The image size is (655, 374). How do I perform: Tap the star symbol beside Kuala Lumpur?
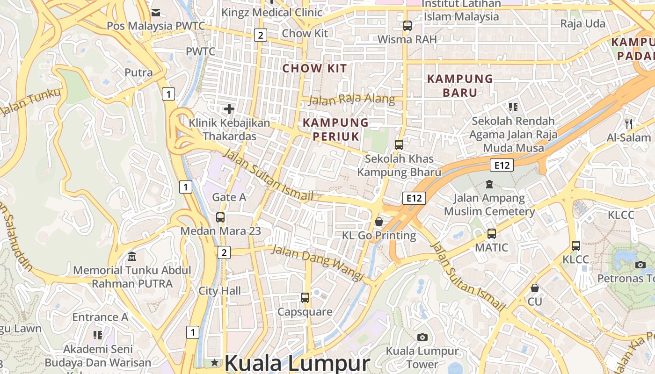(x=215, y=362)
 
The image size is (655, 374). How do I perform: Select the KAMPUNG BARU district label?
(x=460, y=86)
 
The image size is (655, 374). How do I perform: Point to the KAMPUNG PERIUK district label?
(x=335, y=129)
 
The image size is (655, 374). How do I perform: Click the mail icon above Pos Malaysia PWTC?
(x=156, y=12)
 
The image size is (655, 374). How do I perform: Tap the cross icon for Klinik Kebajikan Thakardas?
(x=229, y=109)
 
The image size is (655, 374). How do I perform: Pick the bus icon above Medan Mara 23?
(x=220, y=217)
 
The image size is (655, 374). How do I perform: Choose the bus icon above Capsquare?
(x=305, y=298)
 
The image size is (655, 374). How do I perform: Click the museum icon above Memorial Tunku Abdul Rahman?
(x=132, y=256)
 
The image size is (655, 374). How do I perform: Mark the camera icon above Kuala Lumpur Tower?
(x=422, y=337)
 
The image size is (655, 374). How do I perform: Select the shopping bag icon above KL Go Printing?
(x=379, y=221)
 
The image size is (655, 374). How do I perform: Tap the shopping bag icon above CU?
(x=535, y=288)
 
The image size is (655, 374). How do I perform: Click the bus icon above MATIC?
(x=491, y=234)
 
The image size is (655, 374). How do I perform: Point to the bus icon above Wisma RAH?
(x=408, y=26)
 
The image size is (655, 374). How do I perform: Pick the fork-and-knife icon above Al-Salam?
(x=629, y=124)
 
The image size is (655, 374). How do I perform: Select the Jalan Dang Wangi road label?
(x=318, y=263)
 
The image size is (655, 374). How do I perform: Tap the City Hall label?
(x=220, y=291)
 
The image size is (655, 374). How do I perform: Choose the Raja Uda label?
(x=582, y=23)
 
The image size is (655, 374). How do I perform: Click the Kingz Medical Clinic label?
(x=272, y=12)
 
